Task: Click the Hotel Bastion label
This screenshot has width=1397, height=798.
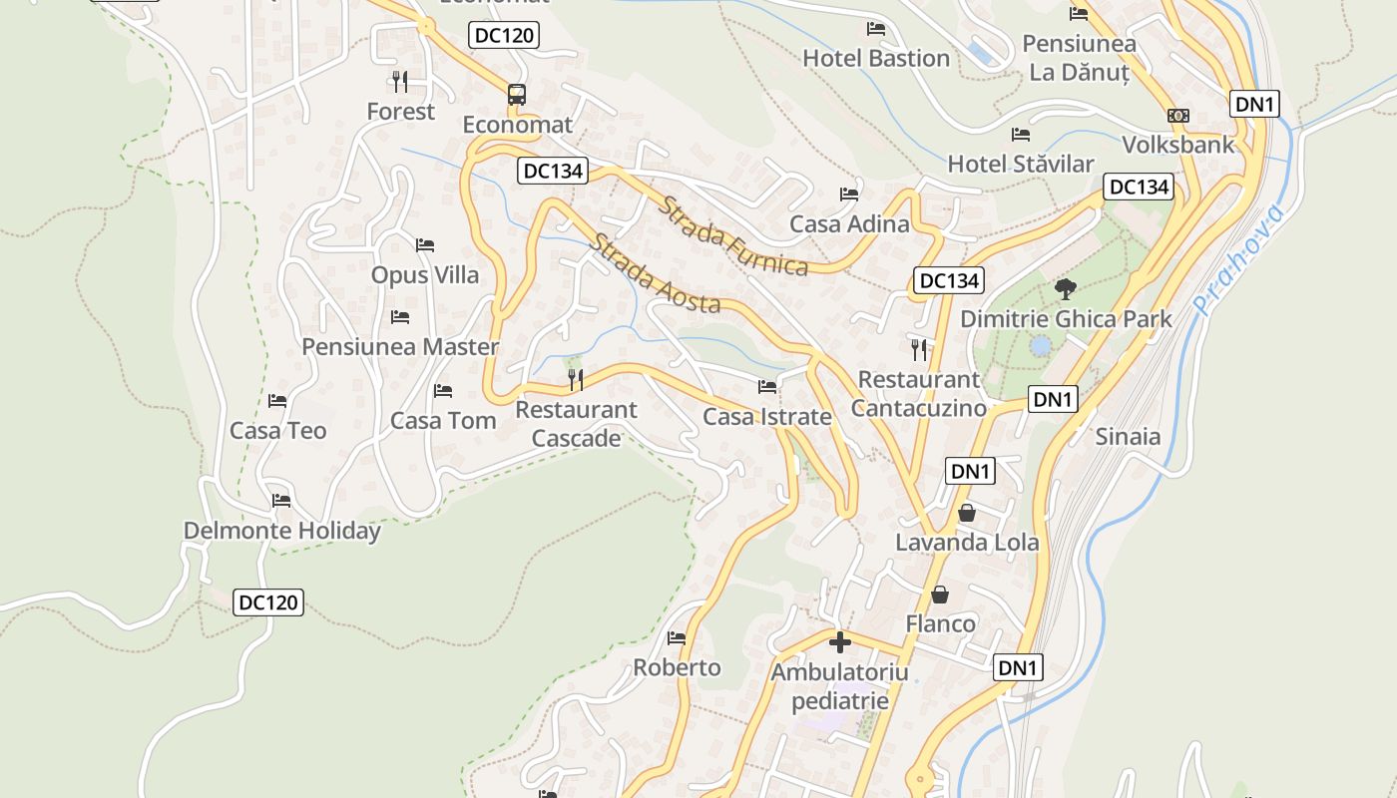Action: coord(876,58)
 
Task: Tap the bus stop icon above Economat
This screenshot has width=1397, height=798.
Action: coord(516,95)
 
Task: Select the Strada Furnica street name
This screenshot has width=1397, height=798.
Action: coord(733,236)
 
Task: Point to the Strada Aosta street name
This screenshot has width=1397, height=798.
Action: coord(655,273)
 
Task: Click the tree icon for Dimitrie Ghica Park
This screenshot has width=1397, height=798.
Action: coord(1066,289)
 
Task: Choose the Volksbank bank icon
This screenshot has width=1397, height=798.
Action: coord(1178,116)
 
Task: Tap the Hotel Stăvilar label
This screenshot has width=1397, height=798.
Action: coord(1020,164)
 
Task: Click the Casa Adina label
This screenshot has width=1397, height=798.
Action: coord(849,223)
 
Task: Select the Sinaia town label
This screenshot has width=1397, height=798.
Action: coord(1128,436)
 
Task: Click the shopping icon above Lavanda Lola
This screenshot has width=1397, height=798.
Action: coord(966,513)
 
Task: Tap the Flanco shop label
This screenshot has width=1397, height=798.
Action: coord(940,623)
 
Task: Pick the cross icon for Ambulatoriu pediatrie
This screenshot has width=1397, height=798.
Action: coord(840,641)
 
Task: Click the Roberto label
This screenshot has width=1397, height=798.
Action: coord(677,667)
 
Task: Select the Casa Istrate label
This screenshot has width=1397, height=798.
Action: coord(766,416)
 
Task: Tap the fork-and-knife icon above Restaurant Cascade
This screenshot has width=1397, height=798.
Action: coord(576,379)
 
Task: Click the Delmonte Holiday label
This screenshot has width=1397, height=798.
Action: coord(281,531)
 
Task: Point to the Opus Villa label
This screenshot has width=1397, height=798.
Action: coord(425,274)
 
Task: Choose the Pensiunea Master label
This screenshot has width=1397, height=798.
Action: coord(400,346)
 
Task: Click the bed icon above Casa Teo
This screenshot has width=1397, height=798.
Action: coord(277,401)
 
